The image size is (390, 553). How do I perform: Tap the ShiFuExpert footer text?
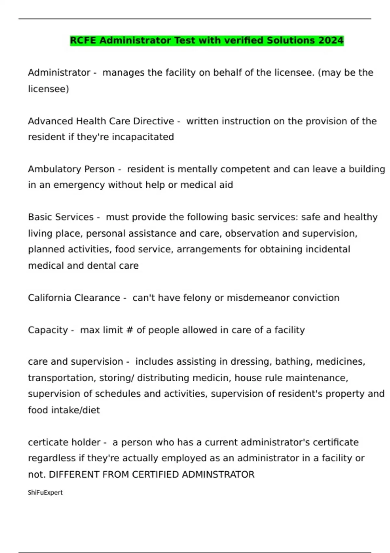[x=45, y=492]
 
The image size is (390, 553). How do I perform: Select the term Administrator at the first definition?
[x=59, y=73]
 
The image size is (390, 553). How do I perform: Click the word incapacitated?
[x=143, y=137]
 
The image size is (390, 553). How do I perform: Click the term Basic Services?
[x=61, y=217]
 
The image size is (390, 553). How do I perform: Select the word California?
[x=49, y=298]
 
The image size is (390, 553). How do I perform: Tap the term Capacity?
[x=48, y=330]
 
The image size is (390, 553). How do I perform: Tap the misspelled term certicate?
[x=48, y=442]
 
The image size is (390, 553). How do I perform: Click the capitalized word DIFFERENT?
[x=74, y=475]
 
